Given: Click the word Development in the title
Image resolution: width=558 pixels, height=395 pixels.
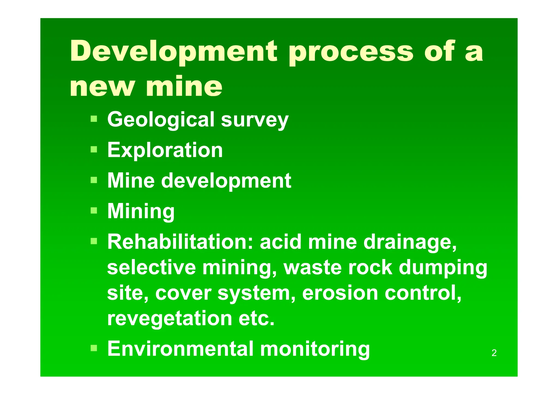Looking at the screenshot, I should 174,51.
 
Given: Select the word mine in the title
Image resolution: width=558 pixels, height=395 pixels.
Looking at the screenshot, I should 184,87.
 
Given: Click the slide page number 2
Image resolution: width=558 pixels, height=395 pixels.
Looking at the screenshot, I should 494,353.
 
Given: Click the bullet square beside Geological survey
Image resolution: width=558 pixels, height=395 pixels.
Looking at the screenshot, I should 94,119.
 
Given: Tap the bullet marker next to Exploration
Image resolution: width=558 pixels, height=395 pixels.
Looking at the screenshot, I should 94,149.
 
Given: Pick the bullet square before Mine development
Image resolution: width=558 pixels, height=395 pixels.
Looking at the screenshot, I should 94,180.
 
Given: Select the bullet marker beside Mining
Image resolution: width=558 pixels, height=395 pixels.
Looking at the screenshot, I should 94,210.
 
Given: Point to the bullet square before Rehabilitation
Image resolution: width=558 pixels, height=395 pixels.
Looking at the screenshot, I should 94,241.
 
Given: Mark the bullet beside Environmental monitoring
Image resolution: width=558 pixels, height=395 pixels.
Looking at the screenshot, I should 94,348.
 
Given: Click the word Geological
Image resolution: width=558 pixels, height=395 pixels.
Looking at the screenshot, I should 161,119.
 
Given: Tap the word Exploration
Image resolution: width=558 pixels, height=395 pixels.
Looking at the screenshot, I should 165,150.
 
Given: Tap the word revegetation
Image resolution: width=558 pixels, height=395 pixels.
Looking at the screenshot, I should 169,319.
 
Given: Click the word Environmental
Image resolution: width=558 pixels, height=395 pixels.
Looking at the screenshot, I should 180,349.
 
